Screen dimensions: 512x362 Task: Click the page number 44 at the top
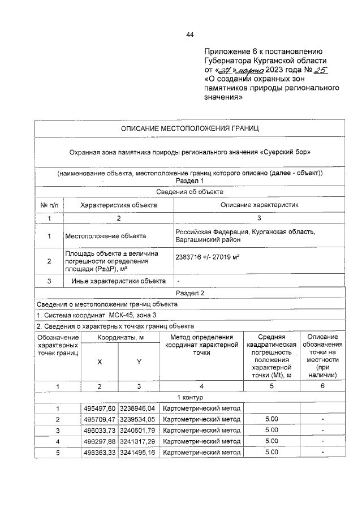[190, 35]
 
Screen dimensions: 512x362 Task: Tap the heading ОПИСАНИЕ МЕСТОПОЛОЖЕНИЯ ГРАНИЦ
[190, 129]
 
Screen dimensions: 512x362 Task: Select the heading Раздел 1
[190, 180]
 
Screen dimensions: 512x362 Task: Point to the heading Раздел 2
[190, 292]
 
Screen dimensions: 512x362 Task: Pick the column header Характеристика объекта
[119, 204]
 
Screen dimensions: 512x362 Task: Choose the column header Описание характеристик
[259, 204]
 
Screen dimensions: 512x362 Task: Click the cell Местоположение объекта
[106, 236]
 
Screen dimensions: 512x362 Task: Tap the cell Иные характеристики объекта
[118, 281]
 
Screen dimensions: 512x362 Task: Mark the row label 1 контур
[190, 397]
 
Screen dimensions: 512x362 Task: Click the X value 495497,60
[100, 408]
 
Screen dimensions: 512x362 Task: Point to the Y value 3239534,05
[138, 419]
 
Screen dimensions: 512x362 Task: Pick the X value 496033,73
[100, 430]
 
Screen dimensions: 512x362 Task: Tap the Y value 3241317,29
[138, 441]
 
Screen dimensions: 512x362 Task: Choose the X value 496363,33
[100, 453]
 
